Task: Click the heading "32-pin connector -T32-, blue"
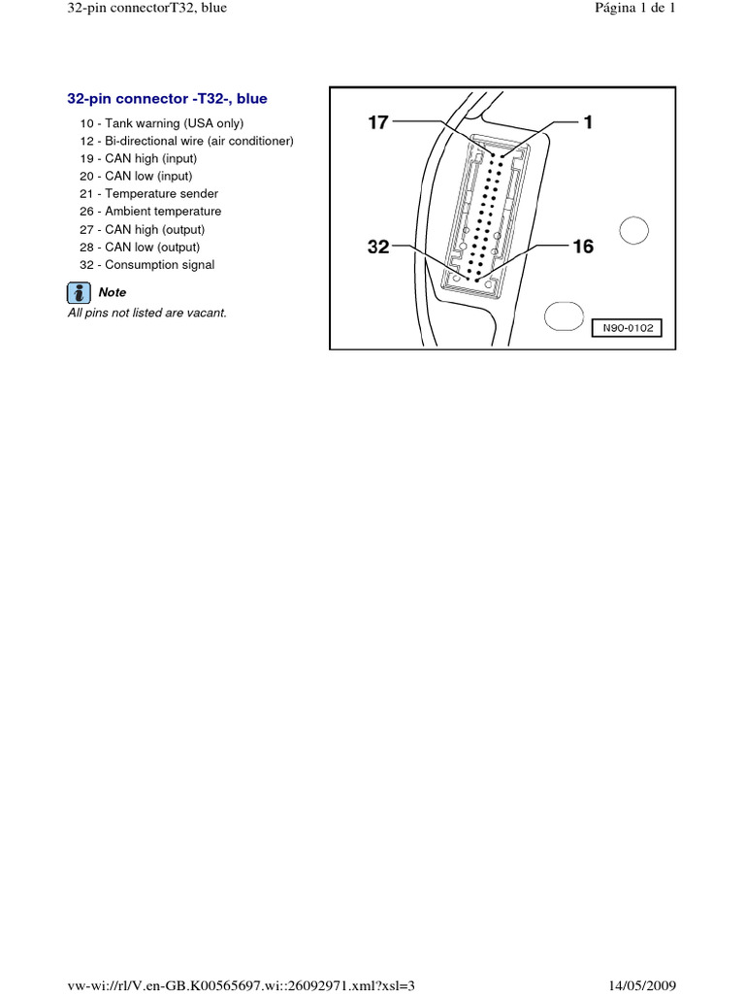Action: click(167, 99)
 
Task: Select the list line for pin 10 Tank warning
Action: click(162, 123)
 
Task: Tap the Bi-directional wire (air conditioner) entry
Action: click(186, 141)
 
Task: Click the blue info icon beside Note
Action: click(79, 292)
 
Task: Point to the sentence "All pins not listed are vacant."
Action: click(146, 314)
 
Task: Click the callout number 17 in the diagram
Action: click(378, 122)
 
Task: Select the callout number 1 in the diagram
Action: click(588, 122)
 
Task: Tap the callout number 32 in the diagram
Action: click(378, 248)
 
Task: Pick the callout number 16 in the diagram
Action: click(582, 248)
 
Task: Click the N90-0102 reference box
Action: click(628, 328)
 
